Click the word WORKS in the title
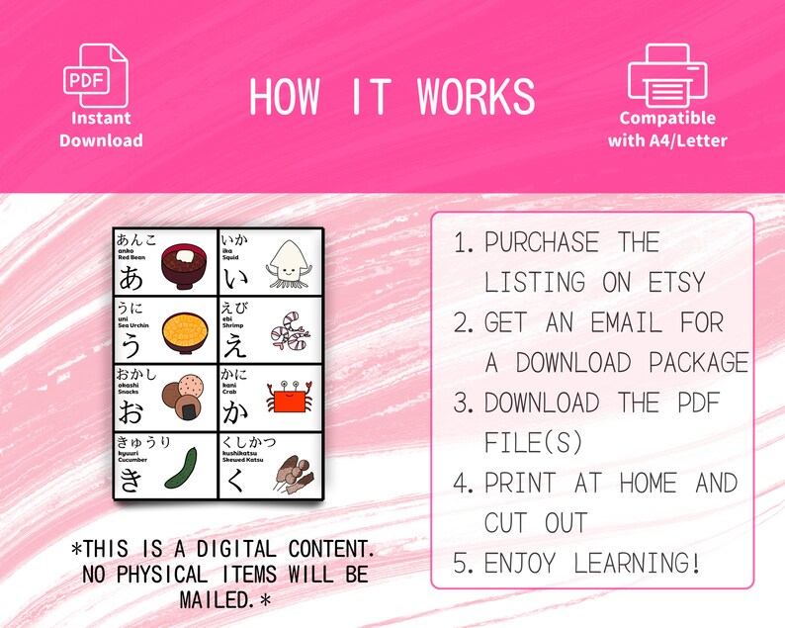click(x=476, y=97)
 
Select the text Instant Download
click(x=100, y=129)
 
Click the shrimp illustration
click(x=286, y=324)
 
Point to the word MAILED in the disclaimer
click(x=216, y=599)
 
